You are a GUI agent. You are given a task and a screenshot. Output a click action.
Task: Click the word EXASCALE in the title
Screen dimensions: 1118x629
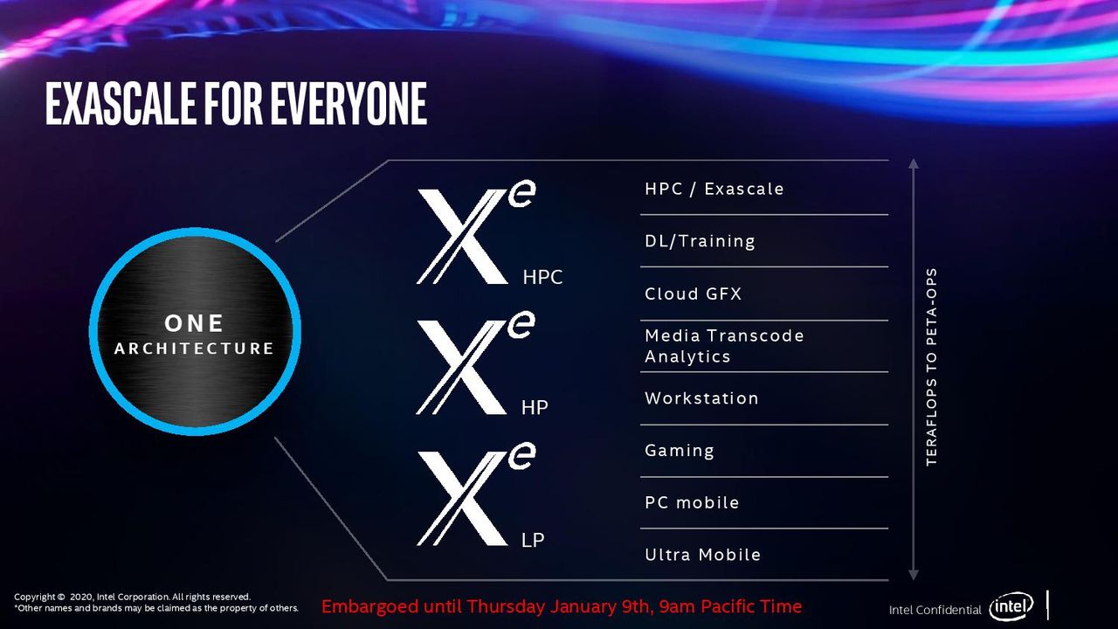click(121, 103)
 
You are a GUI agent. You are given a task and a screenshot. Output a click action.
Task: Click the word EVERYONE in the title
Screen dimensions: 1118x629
click(349, 103)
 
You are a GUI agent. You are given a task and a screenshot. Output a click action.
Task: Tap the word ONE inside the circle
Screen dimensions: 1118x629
click(194, 323)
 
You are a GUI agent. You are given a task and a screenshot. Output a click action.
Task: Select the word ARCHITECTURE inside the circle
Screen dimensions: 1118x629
click(194, 349)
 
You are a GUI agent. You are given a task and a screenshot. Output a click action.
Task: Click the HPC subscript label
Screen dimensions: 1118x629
click(542, 277)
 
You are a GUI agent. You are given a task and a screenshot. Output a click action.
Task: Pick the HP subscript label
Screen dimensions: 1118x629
click(535, 408)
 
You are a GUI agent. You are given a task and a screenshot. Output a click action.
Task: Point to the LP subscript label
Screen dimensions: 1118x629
click(533, 540)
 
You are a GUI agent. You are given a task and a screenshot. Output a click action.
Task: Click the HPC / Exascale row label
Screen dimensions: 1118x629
click(714, 190)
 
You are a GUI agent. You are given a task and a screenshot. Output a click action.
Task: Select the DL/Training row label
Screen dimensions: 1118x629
click(700, 242)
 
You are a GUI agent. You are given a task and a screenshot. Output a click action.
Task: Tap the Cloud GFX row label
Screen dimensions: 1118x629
click(694, 294)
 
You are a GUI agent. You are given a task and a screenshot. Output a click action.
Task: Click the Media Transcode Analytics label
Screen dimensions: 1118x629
click(724, 346)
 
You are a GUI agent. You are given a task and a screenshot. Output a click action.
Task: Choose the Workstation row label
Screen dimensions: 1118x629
click(701, 398)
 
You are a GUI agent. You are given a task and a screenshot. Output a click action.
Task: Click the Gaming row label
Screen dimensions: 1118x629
click(680, 451)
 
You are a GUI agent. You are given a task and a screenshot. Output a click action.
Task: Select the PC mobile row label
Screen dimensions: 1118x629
click(692, 502)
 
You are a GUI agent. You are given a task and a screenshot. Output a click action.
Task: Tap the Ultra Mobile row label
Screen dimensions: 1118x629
click(703, 555)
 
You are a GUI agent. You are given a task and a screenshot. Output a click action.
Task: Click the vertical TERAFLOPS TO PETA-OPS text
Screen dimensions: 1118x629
click(931, 368)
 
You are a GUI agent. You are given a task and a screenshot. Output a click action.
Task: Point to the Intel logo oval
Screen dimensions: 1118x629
click(1011, 606)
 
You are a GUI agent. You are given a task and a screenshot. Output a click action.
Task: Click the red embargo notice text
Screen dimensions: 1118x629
click(562, 606)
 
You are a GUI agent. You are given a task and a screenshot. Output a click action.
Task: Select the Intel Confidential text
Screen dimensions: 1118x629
click(935, 610)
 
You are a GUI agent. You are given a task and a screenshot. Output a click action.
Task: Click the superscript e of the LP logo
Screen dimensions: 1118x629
click(522, 456)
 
